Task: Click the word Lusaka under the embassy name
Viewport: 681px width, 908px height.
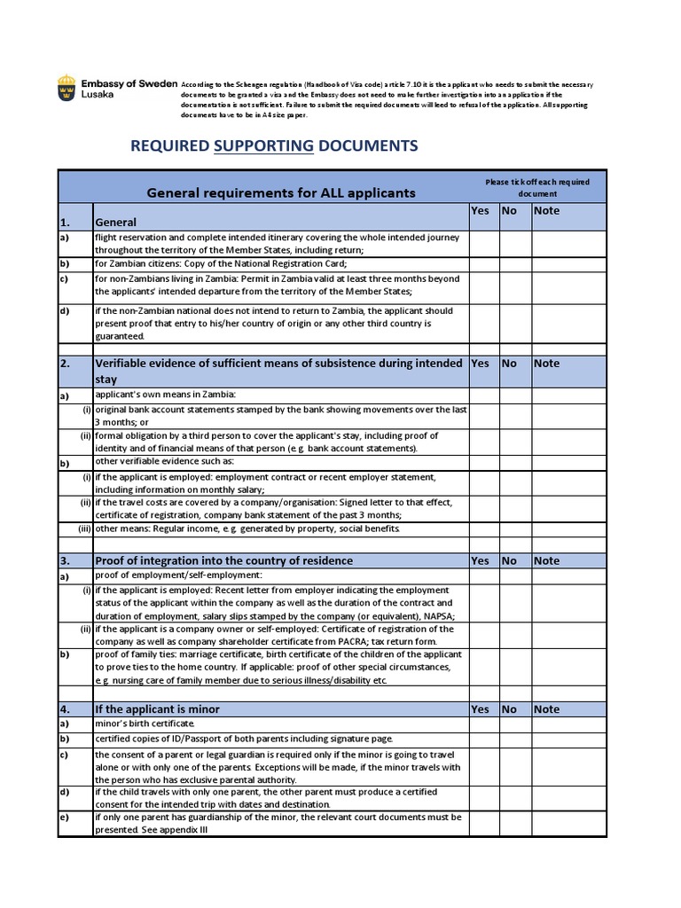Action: click(98, 95)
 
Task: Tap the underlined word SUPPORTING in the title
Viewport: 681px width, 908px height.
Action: click(264, 145)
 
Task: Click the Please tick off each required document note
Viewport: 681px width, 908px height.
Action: click(536, 187)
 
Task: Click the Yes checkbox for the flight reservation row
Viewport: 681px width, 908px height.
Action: click(483, 244)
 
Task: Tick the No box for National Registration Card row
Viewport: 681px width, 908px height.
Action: click(515, 263)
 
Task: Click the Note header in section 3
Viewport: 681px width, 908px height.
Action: click(546, 560)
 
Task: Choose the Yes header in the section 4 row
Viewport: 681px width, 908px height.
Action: click(480, 708)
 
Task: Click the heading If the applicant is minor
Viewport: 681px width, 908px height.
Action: click(158, 709)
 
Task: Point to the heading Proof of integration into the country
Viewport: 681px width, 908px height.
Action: click(223, 560)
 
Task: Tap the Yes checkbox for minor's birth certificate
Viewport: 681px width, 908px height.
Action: click(483, 724)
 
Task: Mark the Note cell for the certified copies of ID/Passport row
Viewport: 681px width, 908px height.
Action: click(567, 739)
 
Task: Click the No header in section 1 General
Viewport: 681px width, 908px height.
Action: click(509, 211)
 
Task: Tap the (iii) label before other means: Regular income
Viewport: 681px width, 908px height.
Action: click(83, 529)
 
